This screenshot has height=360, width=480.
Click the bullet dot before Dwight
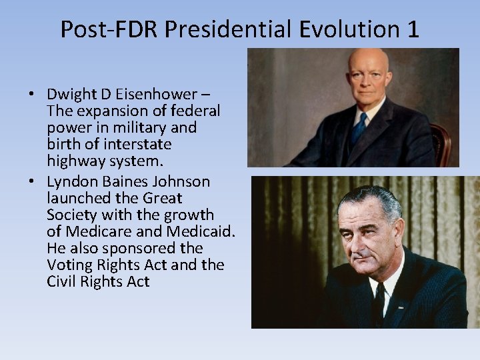click(x=33, y=94)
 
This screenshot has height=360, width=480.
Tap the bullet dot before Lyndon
click(x=33, y=182)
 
